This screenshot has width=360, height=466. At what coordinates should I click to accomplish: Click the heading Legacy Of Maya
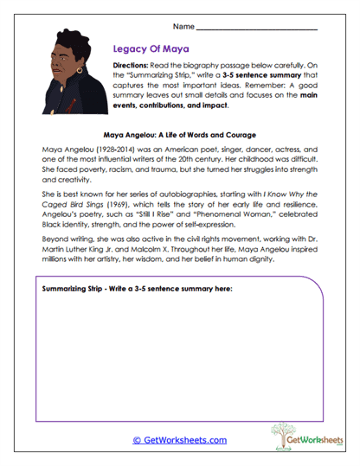coord(150,50)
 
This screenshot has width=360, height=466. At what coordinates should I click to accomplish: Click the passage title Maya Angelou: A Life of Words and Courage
coord(180,136)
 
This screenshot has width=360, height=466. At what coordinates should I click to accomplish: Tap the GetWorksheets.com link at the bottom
coord(179,439)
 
